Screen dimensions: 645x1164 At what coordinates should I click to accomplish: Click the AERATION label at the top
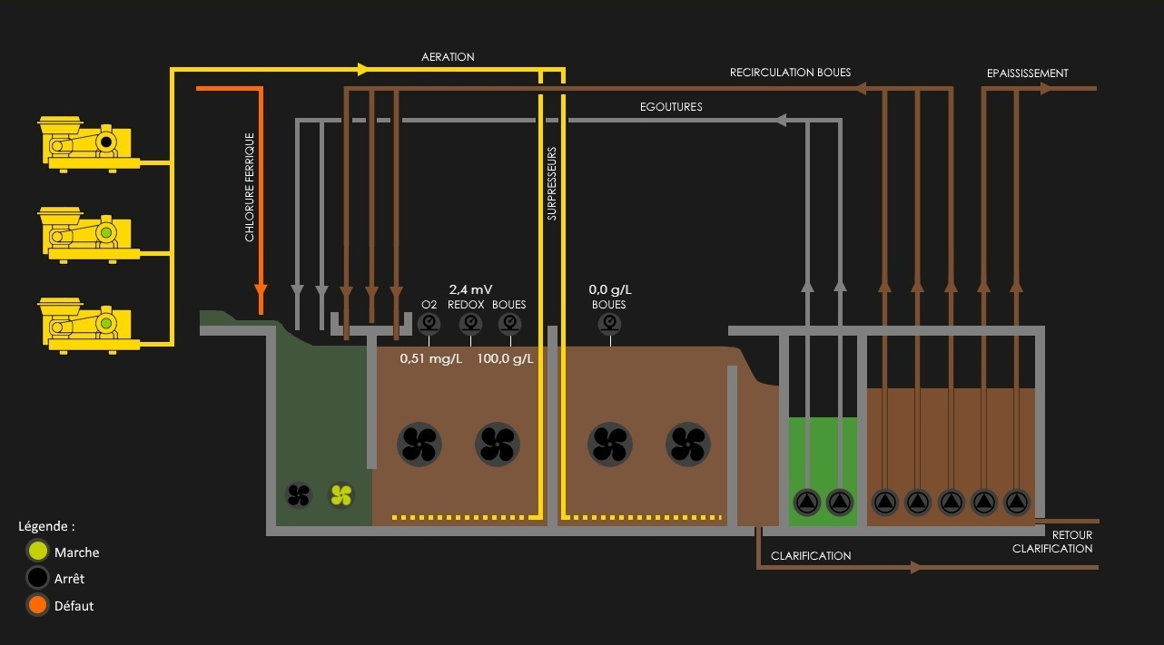tap(448, 57)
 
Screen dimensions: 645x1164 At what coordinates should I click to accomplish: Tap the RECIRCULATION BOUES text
tap(790, 73)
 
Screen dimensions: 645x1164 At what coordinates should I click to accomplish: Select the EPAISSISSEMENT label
tap(1027, 73)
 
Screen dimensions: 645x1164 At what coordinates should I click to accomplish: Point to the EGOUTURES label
tap(670, 107)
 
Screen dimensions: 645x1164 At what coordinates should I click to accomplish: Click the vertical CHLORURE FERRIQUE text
tap(250, 188)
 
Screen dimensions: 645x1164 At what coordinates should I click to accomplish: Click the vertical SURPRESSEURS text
tap(552, 184)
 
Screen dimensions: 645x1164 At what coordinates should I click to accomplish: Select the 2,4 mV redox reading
tap(470, 289)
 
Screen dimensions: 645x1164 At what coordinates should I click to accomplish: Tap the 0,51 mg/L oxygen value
tap(430, 358)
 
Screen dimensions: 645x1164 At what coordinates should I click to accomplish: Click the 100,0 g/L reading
tap(505, 358)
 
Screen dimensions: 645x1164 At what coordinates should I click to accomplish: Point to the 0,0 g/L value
tap(609, 290)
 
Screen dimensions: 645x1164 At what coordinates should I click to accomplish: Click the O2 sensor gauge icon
tap(429, 324)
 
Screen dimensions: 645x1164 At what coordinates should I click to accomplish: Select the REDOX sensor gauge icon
tap(469, 324)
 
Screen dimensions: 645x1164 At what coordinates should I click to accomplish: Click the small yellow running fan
tap(340, 495)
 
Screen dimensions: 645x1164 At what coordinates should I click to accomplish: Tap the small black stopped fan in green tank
tap(299, 495)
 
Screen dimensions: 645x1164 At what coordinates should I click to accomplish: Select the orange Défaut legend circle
tap(37, 605)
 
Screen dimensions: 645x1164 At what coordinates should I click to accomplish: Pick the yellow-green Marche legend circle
tap(37, 552)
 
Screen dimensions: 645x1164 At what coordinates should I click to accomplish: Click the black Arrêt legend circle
tap(37, 578)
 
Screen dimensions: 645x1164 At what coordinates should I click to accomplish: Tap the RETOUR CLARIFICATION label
tap(1052, 542)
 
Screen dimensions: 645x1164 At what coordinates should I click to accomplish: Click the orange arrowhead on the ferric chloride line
tap(261, 290)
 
